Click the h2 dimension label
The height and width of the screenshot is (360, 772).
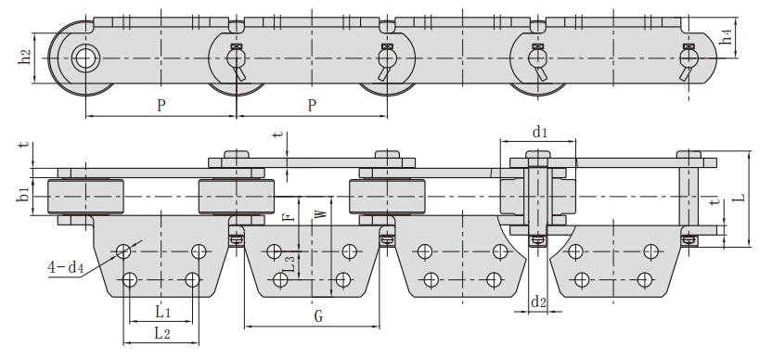tap(26, 58)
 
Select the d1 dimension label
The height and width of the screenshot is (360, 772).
tap(540, 132)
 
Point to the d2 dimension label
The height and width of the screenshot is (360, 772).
tap(538, 302)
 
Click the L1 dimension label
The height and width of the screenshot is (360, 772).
tap(163, 312)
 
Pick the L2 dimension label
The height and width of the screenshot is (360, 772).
tap(162, 333)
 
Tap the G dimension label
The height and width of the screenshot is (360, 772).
tap(318, 316)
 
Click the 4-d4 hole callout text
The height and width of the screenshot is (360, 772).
tap(65, 268)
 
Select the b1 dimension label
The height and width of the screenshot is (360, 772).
tap(22, 193)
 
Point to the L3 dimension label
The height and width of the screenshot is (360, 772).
tap(290, 264)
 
